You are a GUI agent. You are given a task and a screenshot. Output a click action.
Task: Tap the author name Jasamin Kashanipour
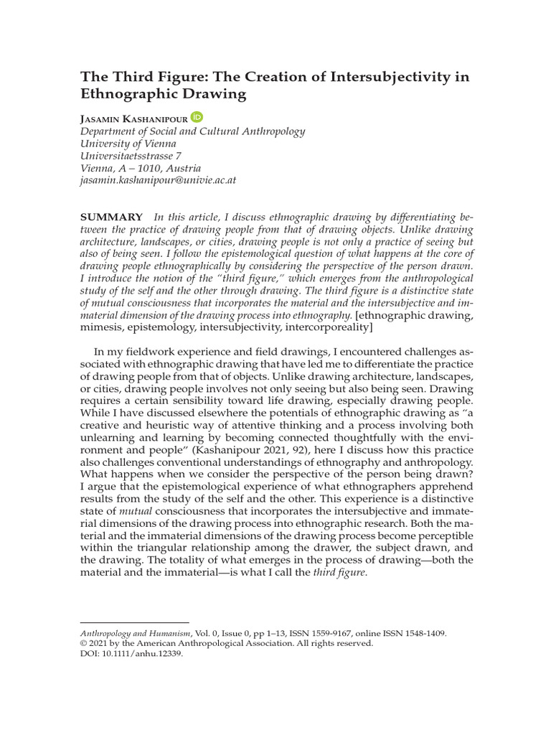tap(134, 118)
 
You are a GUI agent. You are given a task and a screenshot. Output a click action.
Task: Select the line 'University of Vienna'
tap(128, 144)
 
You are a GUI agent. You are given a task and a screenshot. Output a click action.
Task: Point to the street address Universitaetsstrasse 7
tap(131, 156)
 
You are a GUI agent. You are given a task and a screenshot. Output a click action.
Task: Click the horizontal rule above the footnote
tap(134, 622)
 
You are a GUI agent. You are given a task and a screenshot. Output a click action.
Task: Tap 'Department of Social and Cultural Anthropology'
tap(192, 131)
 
